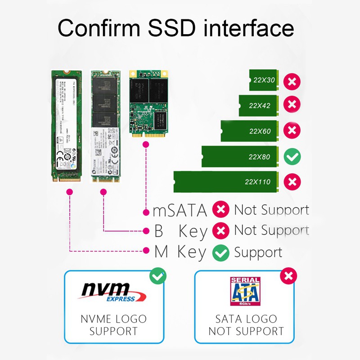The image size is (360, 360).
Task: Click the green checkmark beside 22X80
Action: (292, 157)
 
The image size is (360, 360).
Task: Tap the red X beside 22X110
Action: (292, 182)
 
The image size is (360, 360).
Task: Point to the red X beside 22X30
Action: (292, 81)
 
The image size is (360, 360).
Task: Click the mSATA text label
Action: (180, 210)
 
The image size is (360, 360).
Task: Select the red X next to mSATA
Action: (220, 210)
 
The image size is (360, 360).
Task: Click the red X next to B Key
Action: (220, 231)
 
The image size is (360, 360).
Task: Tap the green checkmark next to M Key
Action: (220, 252)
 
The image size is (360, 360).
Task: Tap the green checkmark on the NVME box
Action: (157, 275)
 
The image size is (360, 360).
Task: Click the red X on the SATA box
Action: (288, 275)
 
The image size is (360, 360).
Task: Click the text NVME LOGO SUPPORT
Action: (113, 325)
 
